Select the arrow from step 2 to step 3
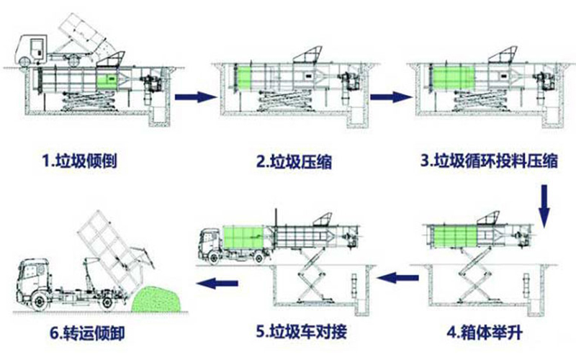click(x=384, y=95)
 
